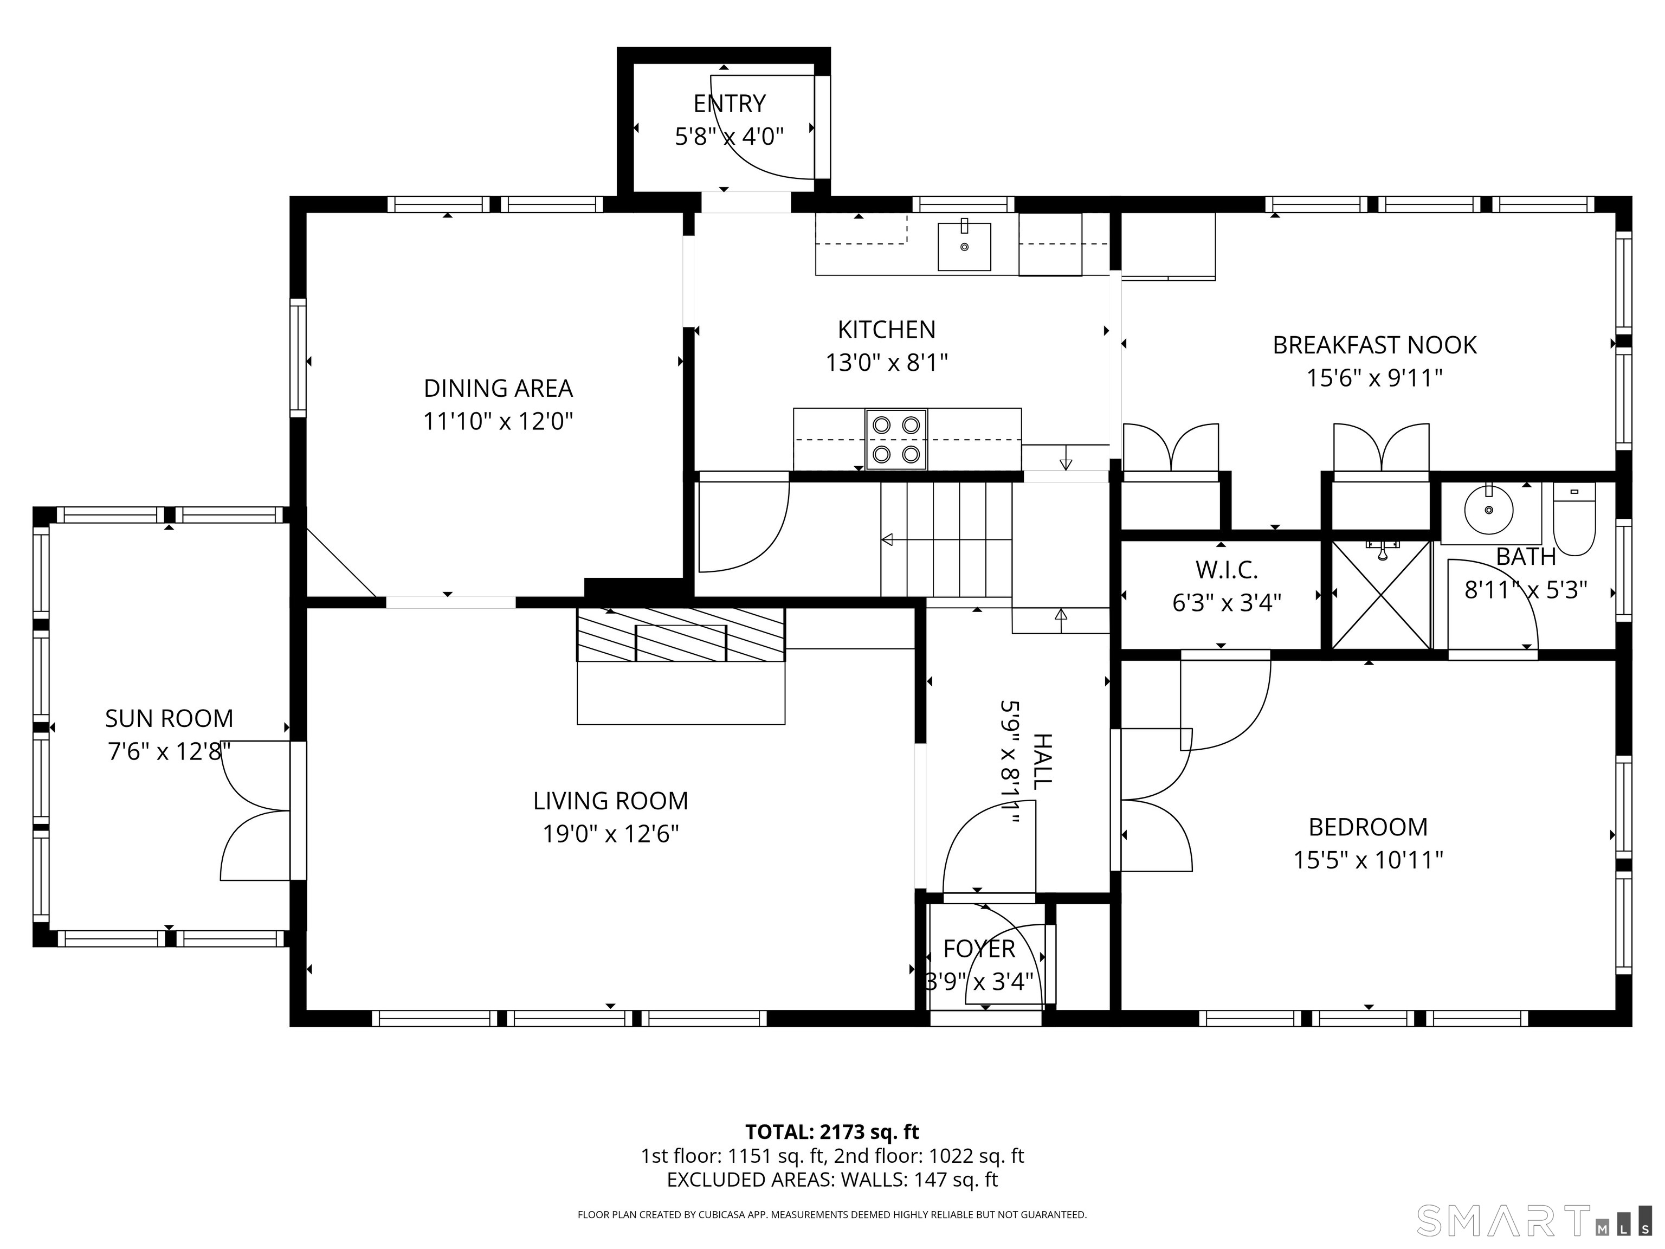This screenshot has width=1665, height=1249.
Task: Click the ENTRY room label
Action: click(x=730, y=103)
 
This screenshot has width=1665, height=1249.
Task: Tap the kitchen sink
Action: click(x=964, y=246)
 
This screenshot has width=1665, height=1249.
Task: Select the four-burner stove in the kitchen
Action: click(x=896, y=440)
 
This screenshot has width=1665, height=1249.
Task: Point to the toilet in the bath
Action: click(x=1574, y=519)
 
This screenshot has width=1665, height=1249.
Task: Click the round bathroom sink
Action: click(x=1489, y=510)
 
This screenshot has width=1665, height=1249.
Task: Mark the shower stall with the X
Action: click(x=1381, y=595)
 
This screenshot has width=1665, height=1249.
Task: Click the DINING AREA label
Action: click(x=498, y=389)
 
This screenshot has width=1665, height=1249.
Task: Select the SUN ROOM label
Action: click(x=169, y=719)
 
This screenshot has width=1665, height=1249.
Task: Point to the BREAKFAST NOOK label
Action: click(x=1374, y=345)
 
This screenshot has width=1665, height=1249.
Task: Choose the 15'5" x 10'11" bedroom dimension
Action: click(x=1369, y=860)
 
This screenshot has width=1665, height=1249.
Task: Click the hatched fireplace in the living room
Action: click(x=680, y=635)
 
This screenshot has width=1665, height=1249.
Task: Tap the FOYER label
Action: click(x=979, y=949)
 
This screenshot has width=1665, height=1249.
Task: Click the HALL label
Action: click(x=1041, y=761)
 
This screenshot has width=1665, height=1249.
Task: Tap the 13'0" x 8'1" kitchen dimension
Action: click(x=887, y=363)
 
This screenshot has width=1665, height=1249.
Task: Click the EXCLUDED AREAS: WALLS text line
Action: click(x=832, y=1180)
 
